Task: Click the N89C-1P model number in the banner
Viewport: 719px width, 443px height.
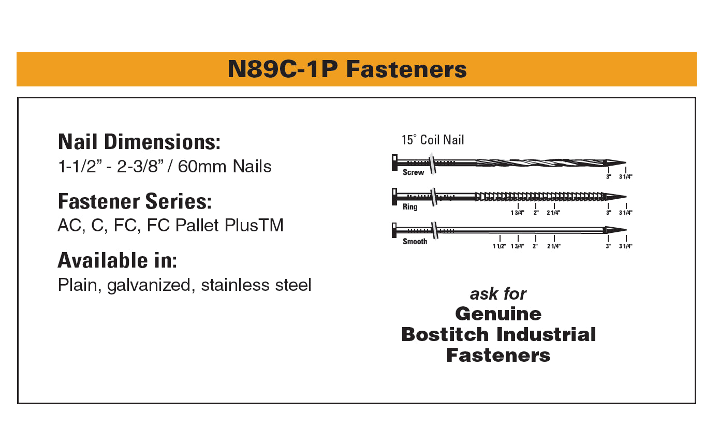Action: pyautogui.click(x=283, y=69)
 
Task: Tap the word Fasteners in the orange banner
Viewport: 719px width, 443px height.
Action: pyautogui.click(x=406, y=69)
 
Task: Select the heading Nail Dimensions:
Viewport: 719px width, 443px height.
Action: pyautogui.click(x=139, y=142)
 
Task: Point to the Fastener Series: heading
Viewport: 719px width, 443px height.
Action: pyautogui.click(x=135, y=201)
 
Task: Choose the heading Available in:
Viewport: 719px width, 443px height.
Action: pyautogui.click(x=118, y=260)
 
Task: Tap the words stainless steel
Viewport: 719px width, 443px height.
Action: pyautogui.click(x=256, y=285)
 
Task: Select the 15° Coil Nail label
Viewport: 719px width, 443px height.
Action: pyautogui.click(x=433, y=140)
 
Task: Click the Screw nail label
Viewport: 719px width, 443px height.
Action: pyautogui.click(x=414, y=172)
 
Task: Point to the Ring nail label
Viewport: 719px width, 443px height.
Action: pyautogui.click(x=410, y=206)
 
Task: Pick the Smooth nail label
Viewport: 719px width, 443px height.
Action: pyautogui.click(x=415, y=241)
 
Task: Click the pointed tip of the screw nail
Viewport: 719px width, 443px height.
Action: pyautogui.click(x=626, y=163)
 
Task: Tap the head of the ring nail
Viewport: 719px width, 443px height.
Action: pyautogui.click(x=394, y=197)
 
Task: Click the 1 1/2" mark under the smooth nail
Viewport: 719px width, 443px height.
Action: pyautogui.click(x=500, y=246)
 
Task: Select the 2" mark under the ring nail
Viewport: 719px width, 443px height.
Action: pyautogui.click(x=536, y=213)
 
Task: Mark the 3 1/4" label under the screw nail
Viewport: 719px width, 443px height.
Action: pyautogui.click(x=626, y=176)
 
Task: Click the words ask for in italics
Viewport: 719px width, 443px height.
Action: pyautogui.click(x=498, y=294)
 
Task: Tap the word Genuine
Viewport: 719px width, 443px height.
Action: pyautogui.click(x=498, y=314)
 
